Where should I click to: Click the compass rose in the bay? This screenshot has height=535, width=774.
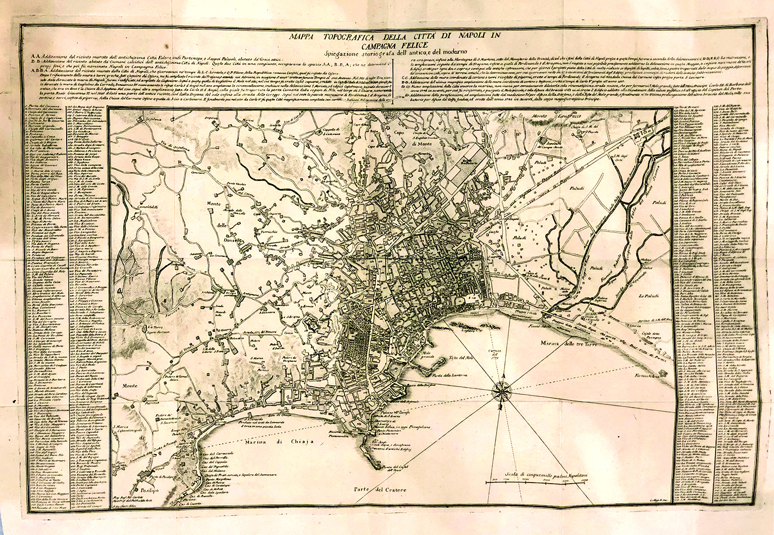[x=501, y=390]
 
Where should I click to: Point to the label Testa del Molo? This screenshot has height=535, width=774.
[x=461, y=358]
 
